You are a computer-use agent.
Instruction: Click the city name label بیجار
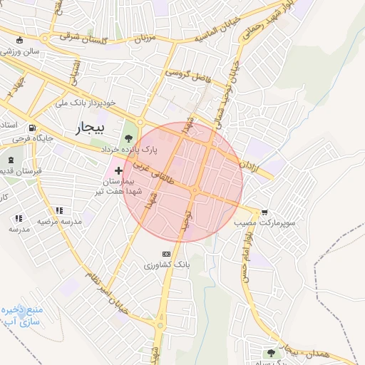point(89,128)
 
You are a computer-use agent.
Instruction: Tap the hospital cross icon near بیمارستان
point(118,171)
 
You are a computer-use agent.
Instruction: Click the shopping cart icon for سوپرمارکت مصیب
point(265,212)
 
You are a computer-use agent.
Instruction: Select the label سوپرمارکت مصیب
point(264,222)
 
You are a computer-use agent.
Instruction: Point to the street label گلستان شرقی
point(80,36)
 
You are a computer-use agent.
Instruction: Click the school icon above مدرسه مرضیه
point(60,210)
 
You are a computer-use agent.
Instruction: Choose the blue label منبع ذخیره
point(21,311)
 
